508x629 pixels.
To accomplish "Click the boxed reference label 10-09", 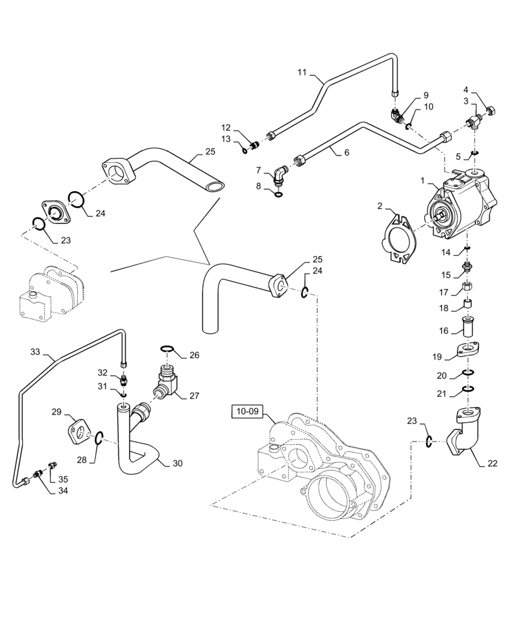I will [248, 412].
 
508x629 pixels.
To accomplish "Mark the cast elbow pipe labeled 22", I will [463, 436].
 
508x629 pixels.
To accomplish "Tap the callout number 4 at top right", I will [466, 90].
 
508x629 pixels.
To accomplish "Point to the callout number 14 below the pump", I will [446, 252].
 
